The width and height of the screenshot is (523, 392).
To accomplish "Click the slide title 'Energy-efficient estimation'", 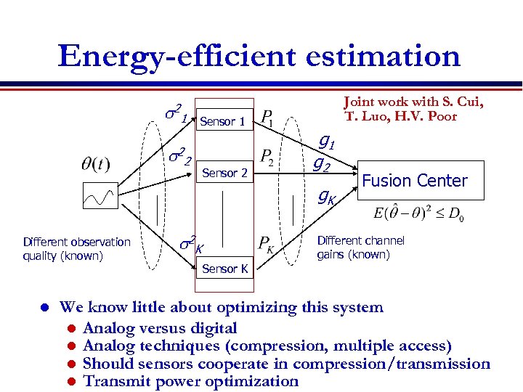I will tap(259, 56).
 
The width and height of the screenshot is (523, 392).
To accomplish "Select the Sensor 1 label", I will tap(222, 122).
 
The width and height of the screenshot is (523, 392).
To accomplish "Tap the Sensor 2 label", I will tap(224, 173).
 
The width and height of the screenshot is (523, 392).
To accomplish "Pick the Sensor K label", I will tap(224, 269).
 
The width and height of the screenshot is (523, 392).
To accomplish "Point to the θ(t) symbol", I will tap(96, 163).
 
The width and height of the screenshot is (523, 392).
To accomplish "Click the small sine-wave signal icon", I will tap(97, 195).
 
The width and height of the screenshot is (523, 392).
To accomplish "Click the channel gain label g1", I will tap(328, 144).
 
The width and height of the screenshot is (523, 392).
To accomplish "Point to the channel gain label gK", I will tap(327, 196).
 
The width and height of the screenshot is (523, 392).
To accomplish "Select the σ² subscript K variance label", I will tap(190, 243).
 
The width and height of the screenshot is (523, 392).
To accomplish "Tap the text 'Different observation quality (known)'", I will tap(76, 248).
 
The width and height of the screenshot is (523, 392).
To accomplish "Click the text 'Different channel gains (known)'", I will tap(360, 248).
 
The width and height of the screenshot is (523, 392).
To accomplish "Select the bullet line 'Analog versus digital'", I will tap(160, 328).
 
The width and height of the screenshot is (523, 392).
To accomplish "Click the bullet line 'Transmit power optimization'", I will tap(191, 381).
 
